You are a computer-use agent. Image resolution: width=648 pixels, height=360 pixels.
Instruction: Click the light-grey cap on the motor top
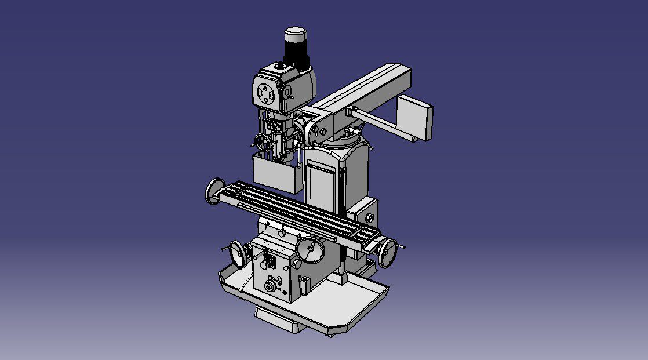(296, 33)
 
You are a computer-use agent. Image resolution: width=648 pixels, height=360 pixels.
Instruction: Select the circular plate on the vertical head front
(266, 93)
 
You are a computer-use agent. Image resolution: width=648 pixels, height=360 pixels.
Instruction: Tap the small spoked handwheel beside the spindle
(263, 141)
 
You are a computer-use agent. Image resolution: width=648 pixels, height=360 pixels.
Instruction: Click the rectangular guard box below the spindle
(275, 173)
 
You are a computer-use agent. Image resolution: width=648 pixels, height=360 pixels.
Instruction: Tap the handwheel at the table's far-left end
(214, 191)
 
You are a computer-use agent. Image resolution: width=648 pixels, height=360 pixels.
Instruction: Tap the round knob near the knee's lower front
(270, 286)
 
